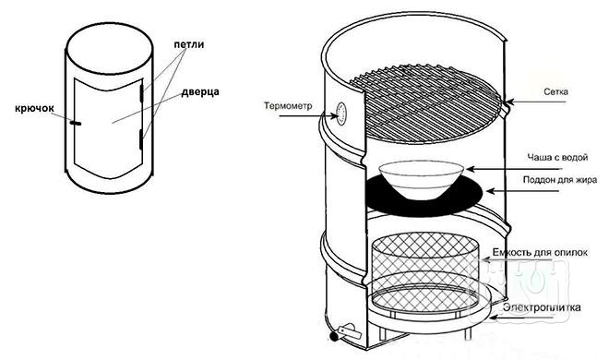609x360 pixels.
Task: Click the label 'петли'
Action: point(189,44)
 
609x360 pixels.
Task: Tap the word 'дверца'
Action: point(200,92)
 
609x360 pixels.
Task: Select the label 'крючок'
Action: point(34,108)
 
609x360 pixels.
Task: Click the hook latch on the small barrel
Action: point(76,123)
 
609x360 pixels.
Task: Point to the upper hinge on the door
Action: point(142,92)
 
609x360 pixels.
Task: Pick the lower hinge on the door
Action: point(141,139)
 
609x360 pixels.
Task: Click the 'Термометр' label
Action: point(288,105)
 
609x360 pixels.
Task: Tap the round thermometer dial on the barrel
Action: point(341,114)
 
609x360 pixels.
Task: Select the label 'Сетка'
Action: point(555,92)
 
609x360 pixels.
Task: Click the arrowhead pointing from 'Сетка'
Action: point(509,102)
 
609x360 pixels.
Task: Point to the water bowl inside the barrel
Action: point(422,179)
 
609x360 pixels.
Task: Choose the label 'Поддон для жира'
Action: point(560,180)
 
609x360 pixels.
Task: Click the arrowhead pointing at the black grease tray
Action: point(491,191)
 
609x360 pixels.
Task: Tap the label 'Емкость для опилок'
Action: point(540,252)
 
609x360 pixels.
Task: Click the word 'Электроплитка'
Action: point(542,307)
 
